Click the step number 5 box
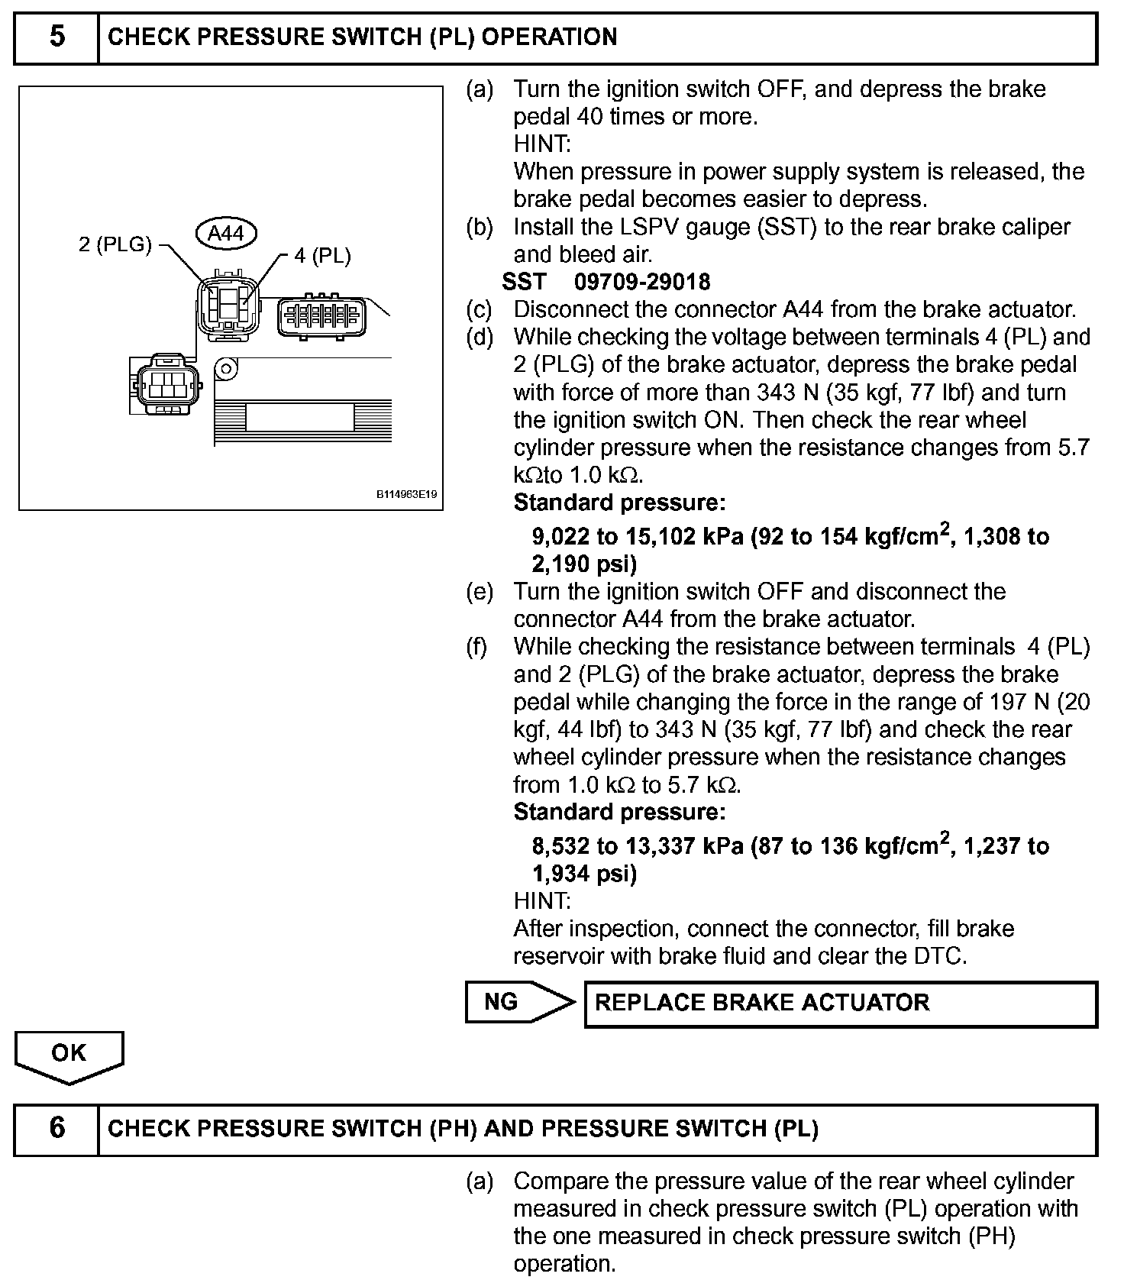(57, 37)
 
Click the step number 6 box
(57, 1129)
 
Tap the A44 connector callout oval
(226, 233)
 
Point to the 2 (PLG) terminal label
(115, 244)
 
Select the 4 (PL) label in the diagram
(322, 256)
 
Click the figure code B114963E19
(406, 495)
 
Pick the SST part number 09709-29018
(642, 282)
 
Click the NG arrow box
(519, 1002)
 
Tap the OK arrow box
(69, 1055)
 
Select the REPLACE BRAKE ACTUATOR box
(840, 1003)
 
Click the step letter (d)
(480, 337)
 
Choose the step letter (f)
(478, 647)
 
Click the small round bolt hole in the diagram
(225, 368)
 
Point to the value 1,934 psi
(584, 874)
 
